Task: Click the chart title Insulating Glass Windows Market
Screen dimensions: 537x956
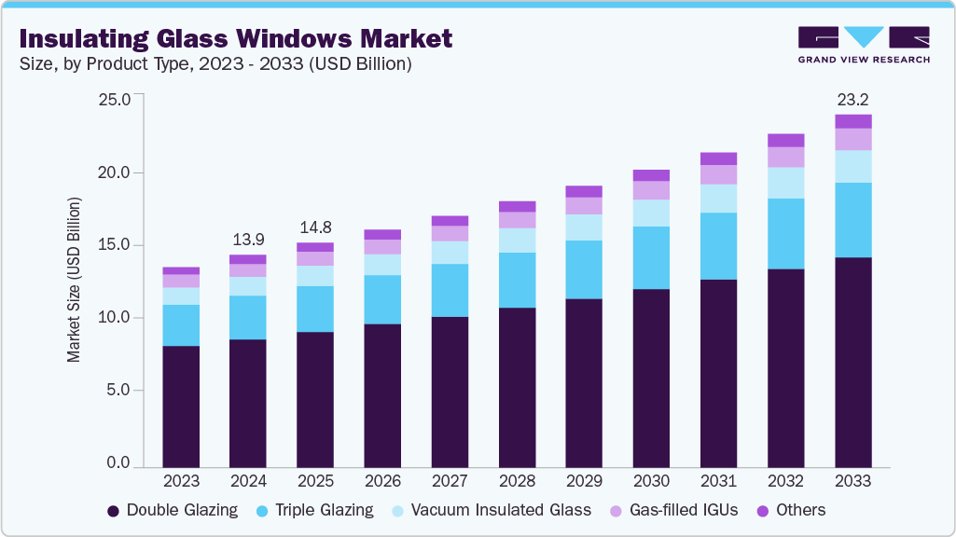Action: click(x=236, y=38)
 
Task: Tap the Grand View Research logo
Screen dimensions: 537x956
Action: click(x=863, y=45)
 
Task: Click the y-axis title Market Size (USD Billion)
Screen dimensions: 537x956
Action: click(x=74, y=280)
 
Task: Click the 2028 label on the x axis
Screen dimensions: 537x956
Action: click(x=517, y=481)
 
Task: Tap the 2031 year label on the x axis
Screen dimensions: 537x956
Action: click(x=718, y=481)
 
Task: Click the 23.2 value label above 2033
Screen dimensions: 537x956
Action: click(x=852, y=99)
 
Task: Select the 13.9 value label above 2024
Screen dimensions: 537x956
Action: click(x=248, y=240)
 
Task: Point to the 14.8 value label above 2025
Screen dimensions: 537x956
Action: click(x=315, y=227)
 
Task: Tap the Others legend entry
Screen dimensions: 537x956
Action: click(x=794, y=510)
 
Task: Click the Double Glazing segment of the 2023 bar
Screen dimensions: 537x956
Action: click(x=181, y=406)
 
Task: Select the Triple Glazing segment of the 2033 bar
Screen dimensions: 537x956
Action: click(x=852, y=220)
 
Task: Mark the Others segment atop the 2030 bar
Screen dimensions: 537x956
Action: click(x=651, y=175)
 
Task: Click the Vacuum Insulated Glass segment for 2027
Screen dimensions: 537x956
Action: click(x=450, y=253)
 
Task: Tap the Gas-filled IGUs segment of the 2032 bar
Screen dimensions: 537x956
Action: click(x=785, y=157)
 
